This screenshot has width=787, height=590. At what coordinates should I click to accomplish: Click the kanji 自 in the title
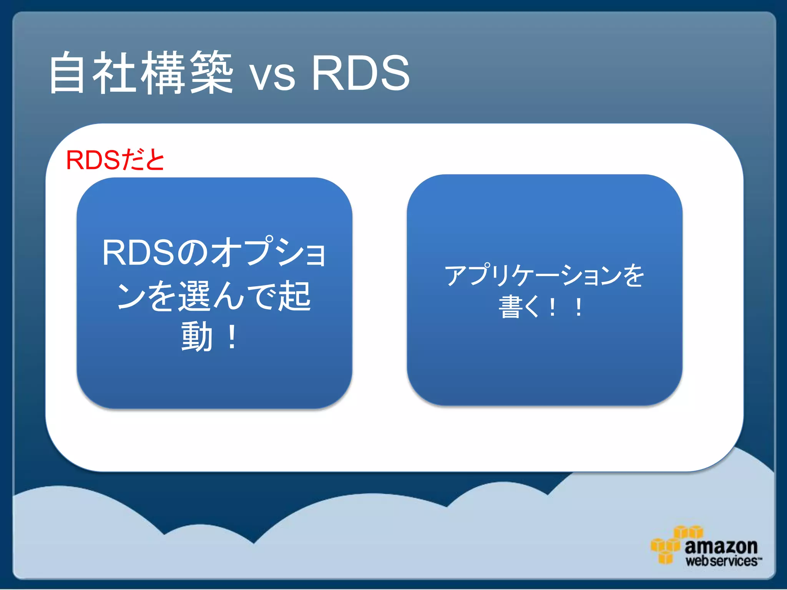coord(68,73)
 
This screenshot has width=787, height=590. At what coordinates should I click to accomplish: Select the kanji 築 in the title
coord(211,73)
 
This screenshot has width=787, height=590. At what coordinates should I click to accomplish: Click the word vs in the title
coord(272,77)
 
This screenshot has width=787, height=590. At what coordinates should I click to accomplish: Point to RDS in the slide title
coord(360,73)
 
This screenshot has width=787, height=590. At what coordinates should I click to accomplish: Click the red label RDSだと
coord(115,160)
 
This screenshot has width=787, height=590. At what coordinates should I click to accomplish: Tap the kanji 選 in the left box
coord(195,296)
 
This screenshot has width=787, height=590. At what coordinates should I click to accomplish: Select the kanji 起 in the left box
coord(294,296)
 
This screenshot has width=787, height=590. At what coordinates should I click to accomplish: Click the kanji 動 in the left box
coord(197,337)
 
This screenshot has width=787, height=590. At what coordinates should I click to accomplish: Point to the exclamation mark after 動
coord(232,337)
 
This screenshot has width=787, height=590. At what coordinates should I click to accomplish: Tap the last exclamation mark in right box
coord(578,307)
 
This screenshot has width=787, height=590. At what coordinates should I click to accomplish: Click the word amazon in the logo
coord(721,546)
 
